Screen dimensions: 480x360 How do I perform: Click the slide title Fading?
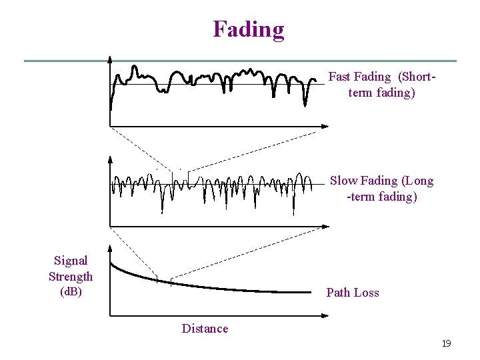[248, 29]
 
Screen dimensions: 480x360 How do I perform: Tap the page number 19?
[446, 343]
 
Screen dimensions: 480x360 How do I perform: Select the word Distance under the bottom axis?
[205, 328]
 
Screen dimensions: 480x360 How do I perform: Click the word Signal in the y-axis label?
[71, 261]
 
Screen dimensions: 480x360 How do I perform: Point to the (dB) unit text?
[71, 292]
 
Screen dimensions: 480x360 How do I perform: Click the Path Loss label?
[352, 293]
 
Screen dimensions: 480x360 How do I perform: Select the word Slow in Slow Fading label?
[344, 181]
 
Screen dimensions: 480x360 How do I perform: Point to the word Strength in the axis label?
[71, 277]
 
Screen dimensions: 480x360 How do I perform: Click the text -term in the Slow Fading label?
[361, 197]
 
